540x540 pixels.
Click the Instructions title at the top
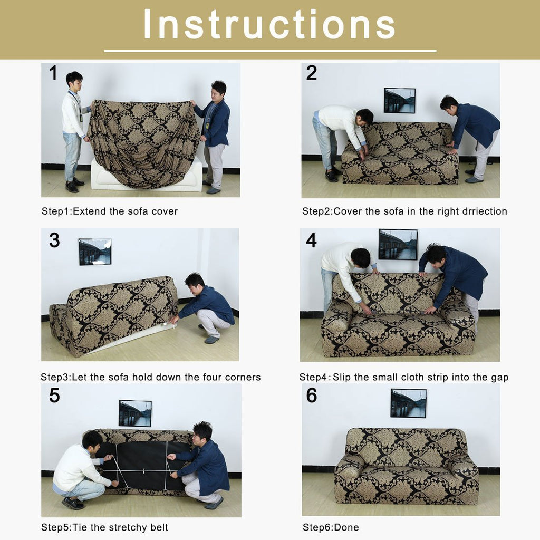(269, 24)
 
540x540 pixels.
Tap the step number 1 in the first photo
(53, 73)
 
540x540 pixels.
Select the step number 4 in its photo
(311, 240)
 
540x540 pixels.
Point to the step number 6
(312, 395)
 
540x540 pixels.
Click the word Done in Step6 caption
(347, 527)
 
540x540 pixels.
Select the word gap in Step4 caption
(499, 377)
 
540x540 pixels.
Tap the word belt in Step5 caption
(158, 527)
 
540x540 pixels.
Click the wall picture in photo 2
(399, 101)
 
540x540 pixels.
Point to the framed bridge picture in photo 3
(95, 252)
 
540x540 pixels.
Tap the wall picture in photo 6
(408, 403)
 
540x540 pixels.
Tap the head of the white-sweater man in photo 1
(74, 80)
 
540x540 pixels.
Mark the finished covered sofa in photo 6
(406, 467)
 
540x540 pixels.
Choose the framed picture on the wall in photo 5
(135, 413)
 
